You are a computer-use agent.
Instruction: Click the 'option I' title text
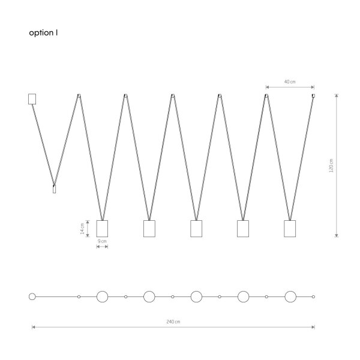pos(43,33)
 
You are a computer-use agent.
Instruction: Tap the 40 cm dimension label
pos(290,82)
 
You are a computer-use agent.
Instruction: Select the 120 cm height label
pos(331,166)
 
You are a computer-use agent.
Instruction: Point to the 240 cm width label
pos(173,322)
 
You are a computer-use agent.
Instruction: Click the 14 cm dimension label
pos(82,229)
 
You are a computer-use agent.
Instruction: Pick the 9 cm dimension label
pos(102,241)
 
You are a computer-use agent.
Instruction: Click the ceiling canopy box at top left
pos(32,99)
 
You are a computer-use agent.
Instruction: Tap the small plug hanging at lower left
pos(54,189)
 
